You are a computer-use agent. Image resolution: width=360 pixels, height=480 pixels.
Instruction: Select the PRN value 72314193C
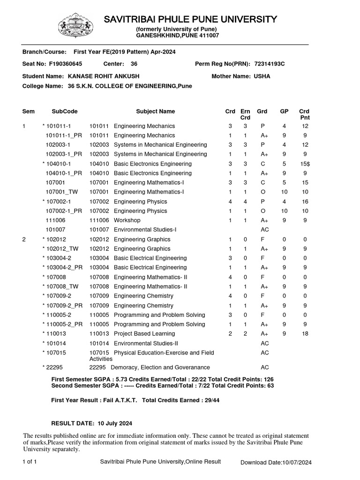(270, 64)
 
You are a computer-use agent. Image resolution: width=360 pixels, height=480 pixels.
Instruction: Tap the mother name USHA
(262, 76)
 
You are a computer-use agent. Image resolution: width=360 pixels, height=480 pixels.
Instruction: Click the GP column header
(284, 112)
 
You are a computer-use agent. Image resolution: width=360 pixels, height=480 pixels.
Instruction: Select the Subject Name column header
(155, 112)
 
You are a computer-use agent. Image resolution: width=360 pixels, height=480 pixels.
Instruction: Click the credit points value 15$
(305, 164)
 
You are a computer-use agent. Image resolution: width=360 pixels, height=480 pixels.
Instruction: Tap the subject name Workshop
(127, 220)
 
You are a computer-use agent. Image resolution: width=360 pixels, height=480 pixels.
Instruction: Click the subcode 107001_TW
(62, 192)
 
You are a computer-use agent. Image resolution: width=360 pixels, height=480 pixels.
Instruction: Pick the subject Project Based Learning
(144, 334)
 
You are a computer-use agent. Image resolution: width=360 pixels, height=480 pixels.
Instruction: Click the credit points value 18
(305, 334)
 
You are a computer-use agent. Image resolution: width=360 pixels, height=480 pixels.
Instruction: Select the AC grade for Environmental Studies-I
(264, 230)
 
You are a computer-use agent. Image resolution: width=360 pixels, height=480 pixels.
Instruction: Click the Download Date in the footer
(276, 463)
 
